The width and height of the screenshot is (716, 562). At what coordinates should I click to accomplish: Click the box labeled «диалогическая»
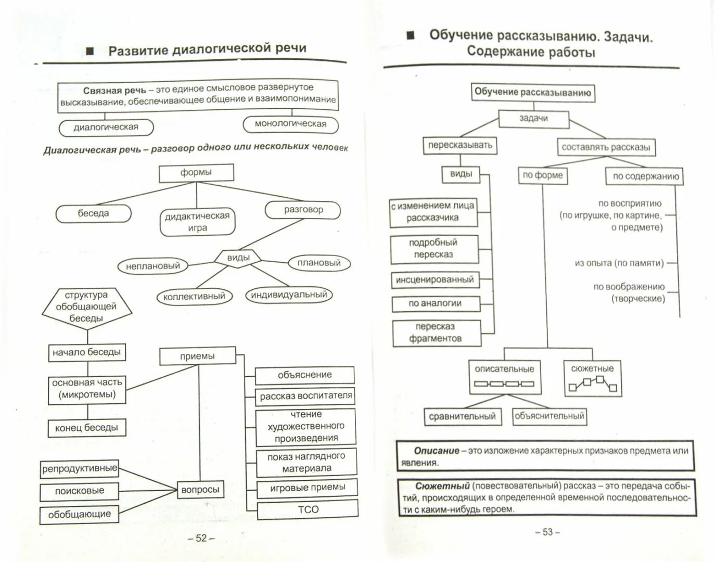pos(106,127)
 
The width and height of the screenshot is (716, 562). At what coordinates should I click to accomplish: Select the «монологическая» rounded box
pos(290,124)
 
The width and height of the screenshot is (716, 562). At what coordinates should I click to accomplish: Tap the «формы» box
pos(196,173)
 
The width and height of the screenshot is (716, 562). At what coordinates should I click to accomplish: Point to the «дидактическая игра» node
pos(197,222)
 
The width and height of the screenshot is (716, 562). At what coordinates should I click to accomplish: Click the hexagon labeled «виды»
pos(238,258)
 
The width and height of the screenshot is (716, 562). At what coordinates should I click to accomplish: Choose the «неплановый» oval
pos(153,266)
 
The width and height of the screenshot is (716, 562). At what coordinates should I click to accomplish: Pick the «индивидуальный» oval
pos(289,295)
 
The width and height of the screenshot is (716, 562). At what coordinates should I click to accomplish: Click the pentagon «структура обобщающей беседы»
pos(86,306)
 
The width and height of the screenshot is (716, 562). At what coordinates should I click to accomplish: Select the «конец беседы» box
pos(86,428)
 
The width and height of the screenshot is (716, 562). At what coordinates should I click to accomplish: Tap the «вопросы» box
pos(200,490)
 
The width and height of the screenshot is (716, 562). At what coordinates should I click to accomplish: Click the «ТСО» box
pos(308,509)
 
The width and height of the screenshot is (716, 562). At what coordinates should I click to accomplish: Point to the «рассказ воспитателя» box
pos(305,396)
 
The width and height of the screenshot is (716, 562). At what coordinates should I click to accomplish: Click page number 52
pos(201,538)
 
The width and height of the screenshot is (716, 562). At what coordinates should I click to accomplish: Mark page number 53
pos(547,532)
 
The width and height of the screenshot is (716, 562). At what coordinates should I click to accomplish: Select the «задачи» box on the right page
pos(533,119)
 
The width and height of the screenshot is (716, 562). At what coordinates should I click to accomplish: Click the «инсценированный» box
pos(434,280)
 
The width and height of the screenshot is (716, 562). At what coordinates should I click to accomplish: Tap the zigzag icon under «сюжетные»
pos(593,385)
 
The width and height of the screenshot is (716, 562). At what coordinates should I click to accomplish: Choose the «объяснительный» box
pos(549,416)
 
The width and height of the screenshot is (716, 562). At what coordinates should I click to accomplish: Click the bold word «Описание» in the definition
pos(437,451)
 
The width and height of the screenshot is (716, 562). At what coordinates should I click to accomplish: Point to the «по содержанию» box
pos(645,176)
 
